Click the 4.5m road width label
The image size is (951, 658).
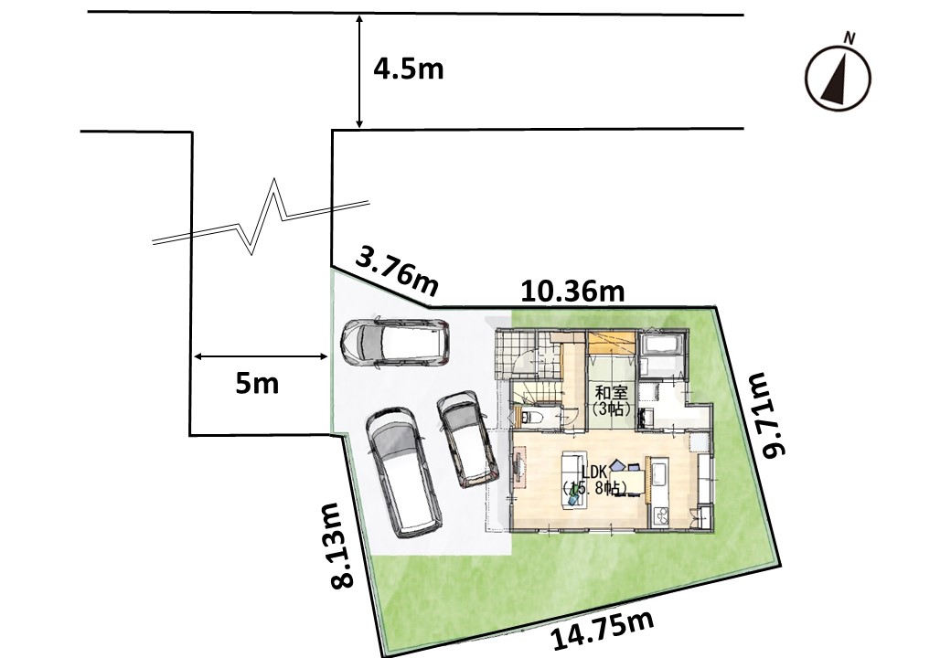coord(408,69)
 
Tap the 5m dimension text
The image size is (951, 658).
coord(257,384)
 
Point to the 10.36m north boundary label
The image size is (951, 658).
coord(572,292)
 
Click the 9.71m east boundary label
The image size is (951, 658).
coord(765,416)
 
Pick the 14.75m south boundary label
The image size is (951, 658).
coord(603,631)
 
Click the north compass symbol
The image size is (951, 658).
coord(838,79)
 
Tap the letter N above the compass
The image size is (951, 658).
coord(849,38)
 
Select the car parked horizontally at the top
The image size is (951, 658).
coord(395,343)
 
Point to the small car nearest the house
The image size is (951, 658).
coord(467,440)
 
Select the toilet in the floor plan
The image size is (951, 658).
coord(532,418)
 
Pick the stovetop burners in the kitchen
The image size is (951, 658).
coord(660,516)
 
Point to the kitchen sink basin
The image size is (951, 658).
coord(660,472)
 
